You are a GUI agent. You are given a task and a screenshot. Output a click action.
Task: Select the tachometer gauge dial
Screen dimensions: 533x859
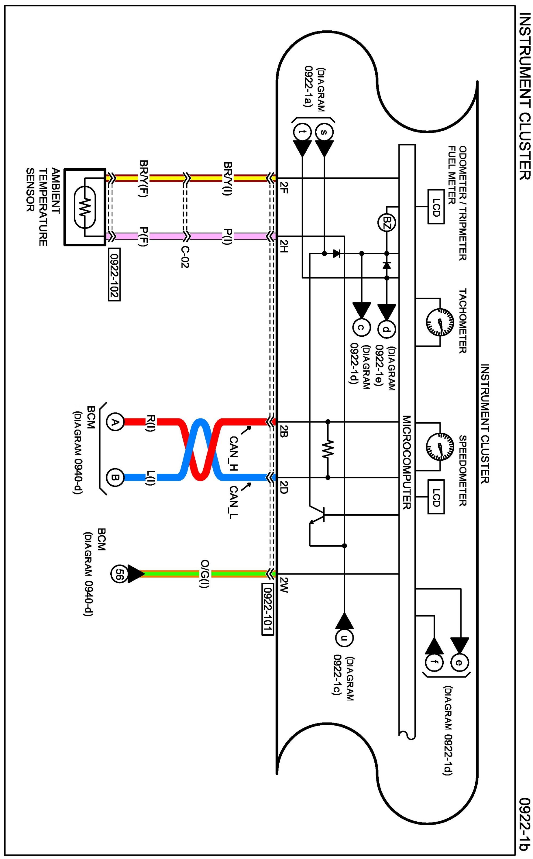[x=440, y=322]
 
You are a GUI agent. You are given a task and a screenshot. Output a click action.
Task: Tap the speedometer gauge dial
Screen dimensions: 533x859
[x=440, y=447]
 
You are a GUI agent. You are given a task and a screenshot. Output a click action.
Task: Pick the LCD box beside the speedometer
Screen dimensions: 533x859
[x=436, y=497]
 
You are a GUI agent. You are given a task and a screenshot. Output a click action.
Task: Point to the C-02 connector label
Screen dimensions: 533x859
[x=185, y=256]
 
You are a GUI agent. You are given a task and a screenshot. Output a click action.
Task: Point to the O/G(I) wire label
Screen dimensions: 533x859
[x=205, y=574]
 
